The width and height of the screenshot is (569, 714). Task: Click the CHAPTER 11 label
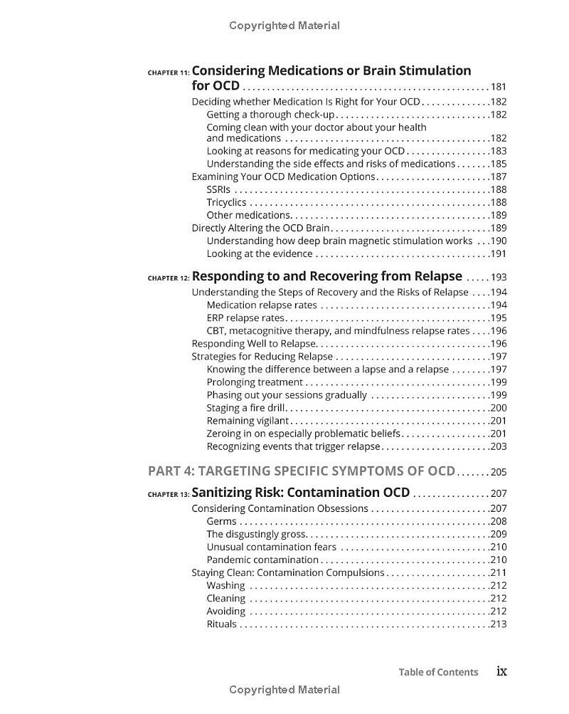point(169,73)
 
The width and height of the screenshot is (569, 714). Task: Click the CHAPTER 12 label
point(169,278)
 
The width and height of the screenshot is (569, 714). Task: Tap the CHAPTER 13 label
point(169,494)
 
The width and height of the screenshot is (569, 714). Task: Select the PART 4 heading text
point(301,471)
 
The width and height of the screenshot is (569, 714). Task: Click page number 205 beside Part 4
point(498,472)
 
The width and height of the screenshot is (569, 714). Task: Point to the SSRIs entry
point(218,189)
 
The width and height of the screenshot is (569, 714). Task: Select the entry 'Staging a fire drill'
point(245,408)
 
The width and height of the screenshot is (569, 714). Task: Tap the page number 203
point(498,446)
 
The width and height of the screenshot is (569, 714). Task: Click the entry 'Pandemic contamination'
point(262,560)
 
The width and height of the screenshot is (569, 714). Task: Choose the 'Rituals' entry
point(221,624)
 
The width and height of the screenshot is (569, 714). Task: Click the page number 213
point(498,624)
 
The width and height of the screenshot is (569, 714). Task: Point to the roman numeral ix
point(501,671)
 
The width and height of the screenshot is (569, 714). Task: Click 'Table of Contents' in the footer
point(438,672)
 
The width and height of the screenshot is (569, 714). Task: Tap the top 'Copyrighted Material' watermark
point(284,26)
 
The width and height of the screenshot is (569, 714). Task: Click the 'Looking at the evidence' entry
point(260,253)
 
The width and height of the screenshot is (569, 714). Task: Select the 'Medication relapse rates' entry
point(262,305)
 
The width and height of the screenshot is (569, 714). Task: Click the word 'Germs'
point(221,521)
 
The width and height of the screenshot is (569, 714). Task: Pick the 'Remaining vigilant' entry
point(248,421)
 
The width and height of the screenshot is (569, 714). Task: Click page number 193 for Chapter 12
point(498,278)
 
